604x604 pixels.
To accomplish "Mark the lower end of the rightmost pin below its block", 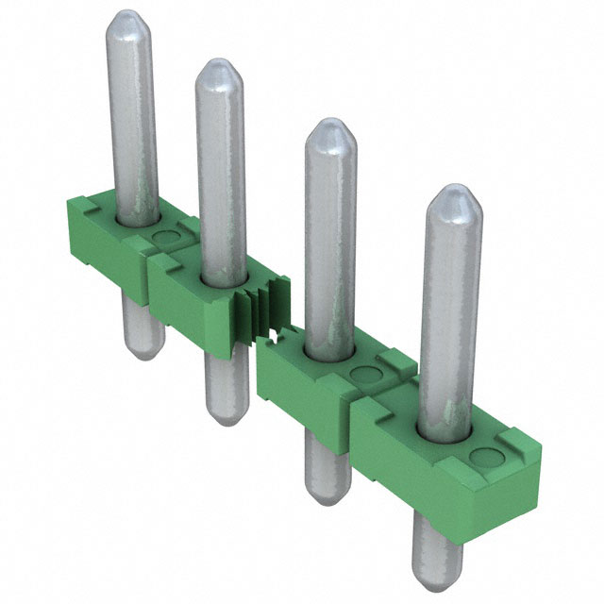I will pos(439,576).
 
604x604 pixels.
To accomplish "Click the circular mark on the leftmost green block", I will pos(167,237).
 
